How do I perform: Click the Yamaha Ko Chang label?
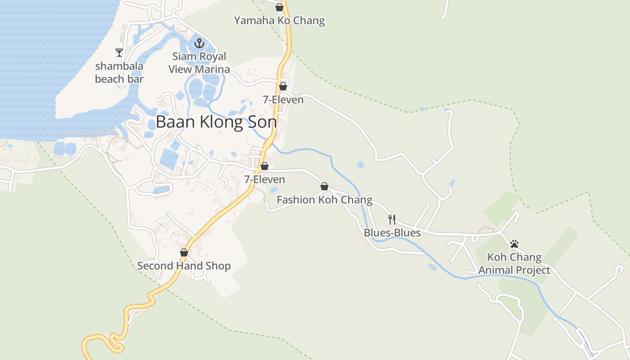(279, 21)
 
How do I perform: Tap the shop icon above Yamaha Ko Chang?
(279, 7)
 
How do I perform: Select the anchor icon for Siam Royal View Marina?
(199, 44)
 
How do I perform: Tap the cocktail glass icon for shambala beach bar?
(119, 53)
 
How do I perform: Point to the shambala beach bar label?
(119, 72)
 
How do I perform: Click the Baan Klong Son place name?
(216, 122)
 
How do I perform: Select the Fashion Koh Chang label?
(324, 200)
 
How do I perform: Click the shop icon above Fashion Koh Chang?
(324, 186)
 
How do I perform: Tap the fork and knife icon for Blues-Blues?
(392, 220)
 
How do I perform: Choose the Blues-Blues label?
(392, 233)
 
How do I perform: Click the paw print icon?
(514, 244)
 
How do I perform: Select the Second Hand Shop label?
(184, 266)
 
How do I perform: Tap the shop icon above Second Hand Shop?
(184, 252)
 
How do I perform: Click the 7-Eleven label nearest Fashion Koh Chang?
(265, 180)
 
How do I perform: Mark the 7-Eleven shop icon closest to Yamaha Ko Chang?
(283, 86)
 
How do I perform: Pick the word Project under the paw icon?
(533, 270)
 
